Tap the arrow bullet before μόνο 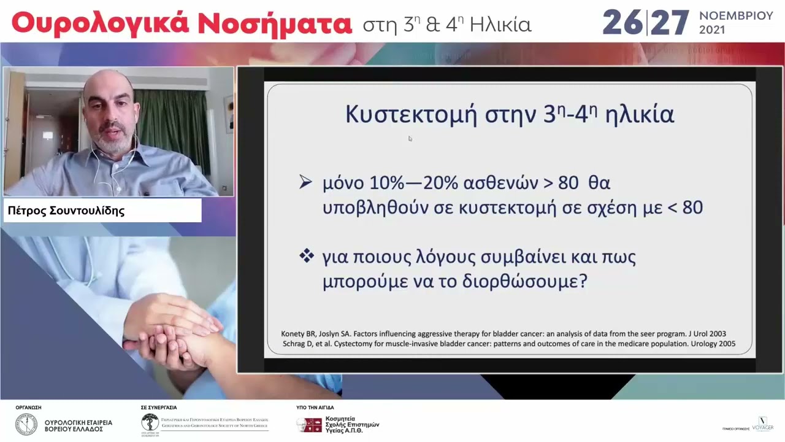click(x=305, y=182)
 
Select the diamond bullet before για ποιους click(x=306, y=256)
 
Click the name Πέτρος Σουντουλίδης click(x=66, y=211)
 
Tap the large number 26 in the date click(x=622, y=23)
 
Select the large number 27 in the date click(x=670, y=23)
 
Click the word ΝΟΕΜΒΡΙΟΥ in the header click(x=736, y=16)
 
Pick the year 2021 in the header click(x=712, y=30)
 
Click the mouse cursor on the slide click(x=410, y=139)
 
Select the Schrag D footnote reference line click(x=508, y=344)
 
